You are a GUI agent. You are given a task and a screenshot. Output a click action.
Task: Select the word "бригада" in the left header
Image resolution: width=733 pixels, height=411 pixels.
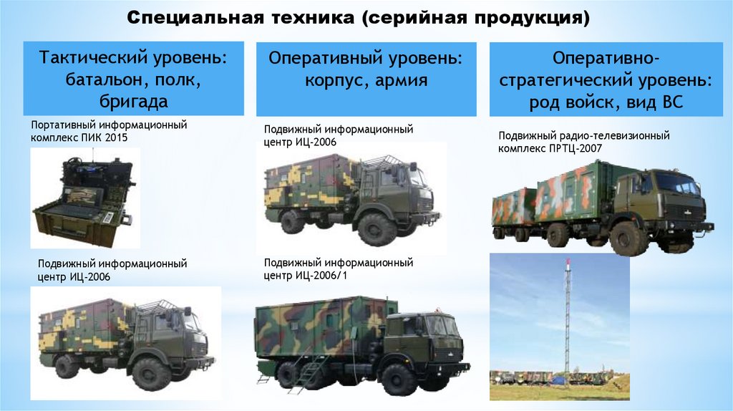point(135,101)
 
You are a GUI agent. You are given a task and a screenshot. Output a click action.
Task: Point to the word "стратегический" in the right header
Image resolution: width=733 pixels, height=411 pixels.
point(574,79)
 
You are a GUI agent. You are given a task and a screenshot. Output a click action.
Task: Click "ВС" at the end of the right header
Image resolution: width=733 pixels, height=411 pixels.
point(673,102)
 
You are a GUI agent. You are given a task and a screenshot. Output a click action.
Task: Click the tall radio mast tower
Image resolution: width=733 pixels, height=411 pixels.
point(568,322)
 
